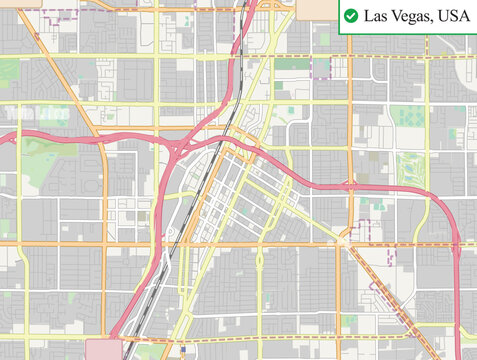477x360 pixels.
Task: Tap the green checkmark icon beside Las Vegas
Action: click(x=351, y=16)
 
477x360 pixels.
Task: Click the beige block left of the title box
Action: click(x=320, y=8)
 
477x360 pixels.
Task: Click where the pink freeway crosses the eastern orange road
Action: click(x=350, y=185)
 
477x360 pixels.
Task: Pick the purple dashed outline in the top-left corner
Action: click(x=57, y=16)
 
